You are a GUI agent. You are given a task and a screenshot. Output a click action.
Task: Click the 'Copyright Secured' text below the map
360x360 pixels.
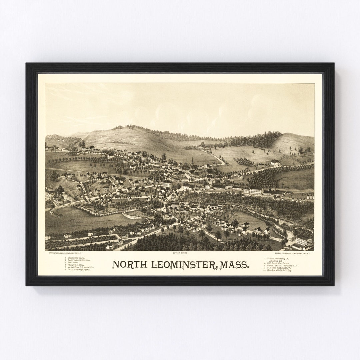180,253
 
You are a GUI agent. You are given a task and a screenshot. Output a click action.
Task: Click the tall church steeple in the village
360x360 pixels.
192,161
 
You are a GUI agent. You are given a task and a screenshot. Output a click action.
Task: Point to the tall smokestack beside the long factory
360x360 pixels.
275,185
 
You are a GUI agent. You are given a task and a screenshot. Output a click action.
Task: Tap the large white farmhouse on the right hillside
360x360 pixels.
275,163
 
